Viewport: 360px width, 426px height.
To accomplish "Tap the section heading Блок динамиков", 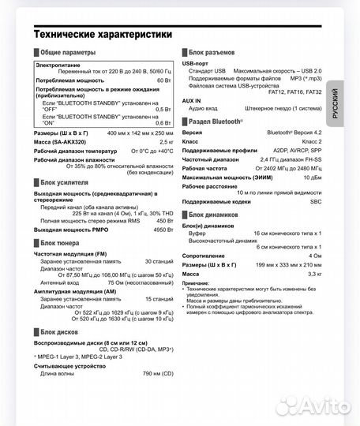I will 215,214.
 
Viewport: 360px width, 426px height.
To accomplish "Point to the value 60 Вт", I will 164,80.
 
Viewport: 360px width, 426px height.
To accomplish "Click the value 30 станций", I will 158,260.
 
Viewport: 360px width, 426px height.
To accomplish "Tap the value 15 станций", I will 158,299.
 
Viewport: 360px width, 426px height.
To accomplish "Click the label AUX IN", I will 192,100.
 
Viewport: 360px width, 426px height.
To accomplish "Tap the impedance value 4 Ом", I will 314,256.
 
